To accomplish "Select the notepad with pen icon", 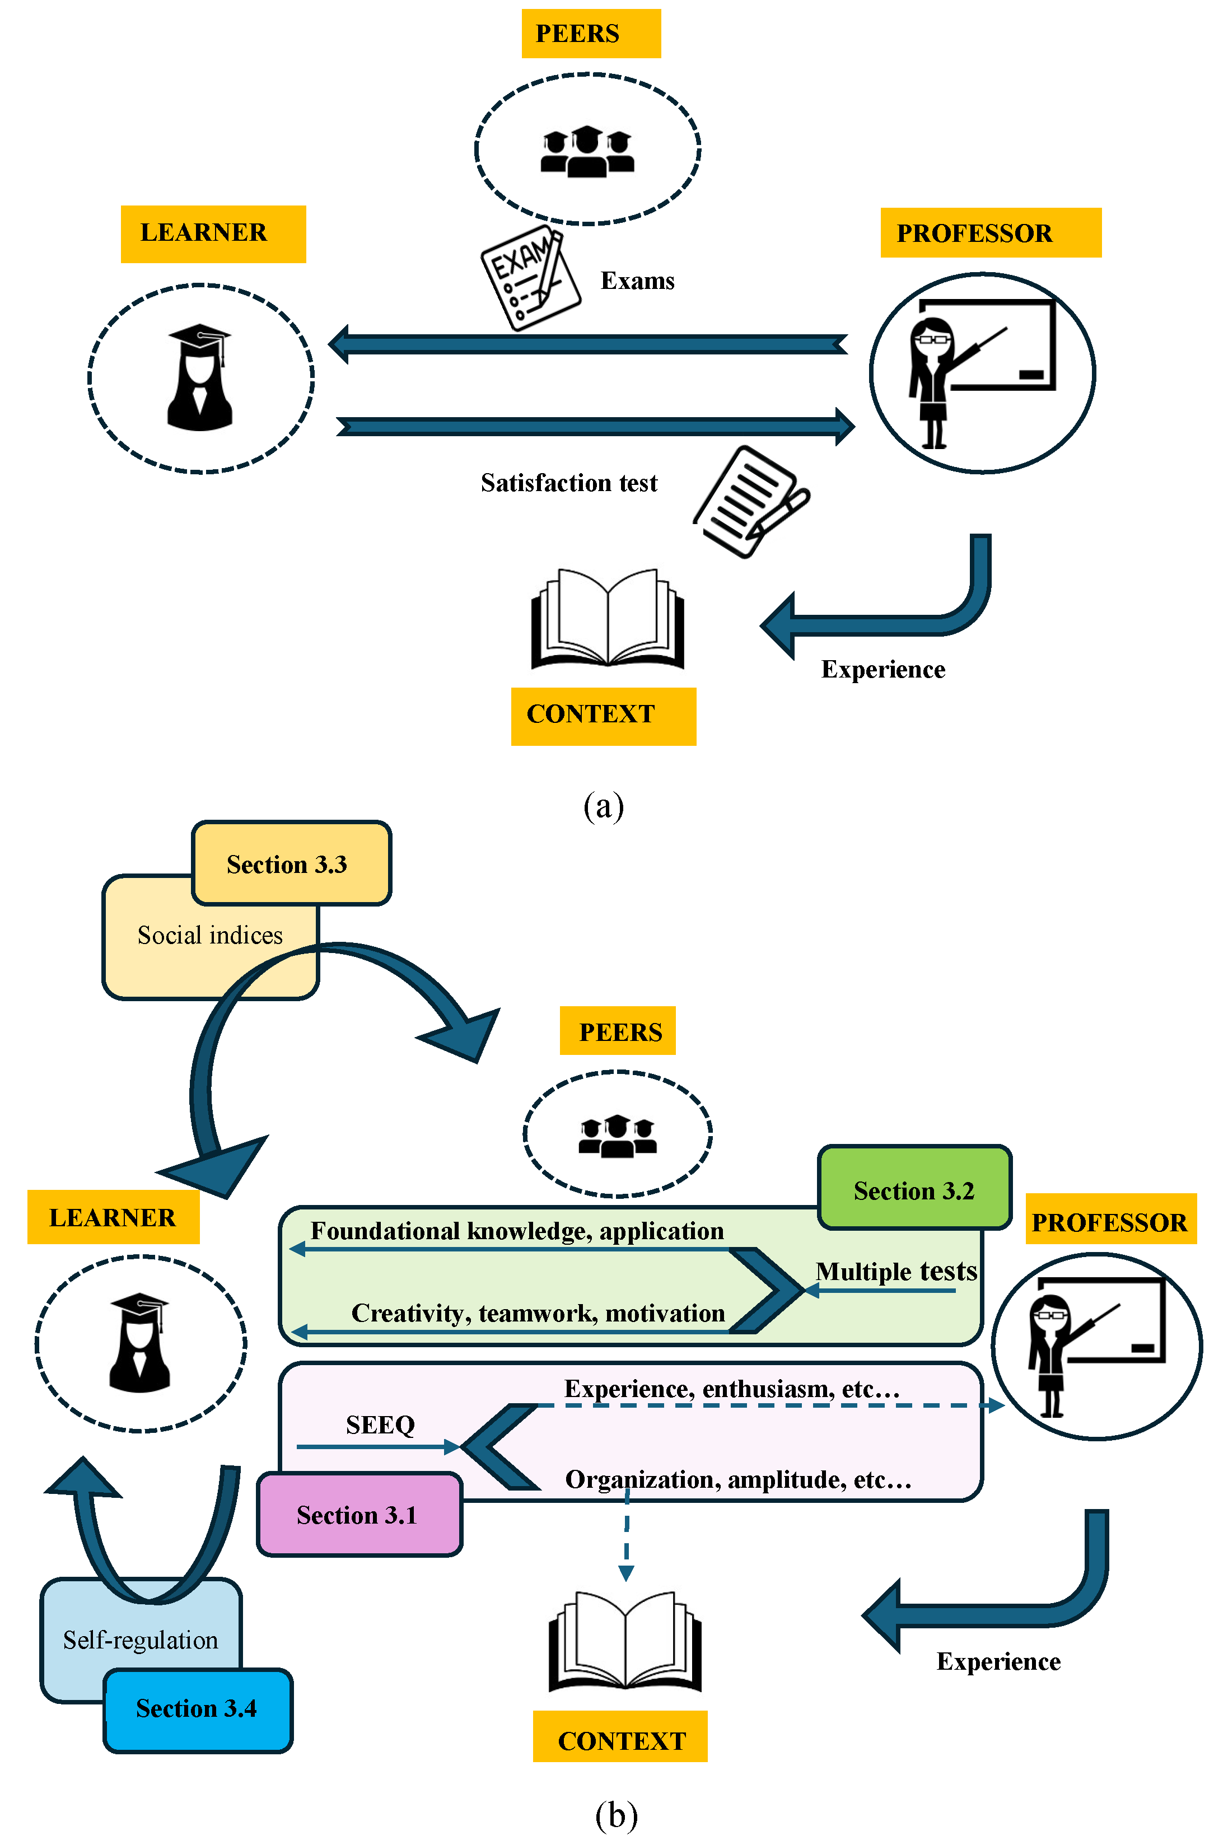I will pos(751,502).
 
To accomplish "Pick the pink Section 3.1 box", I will pos(359,1515).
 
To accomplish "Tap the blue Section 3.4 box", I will pos(197,1708).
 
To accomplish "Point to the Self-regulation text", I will pos(141,1639).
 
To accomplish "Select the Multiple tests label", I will pos(896,1270).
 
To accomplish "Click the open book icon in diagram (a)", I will pos(608,619).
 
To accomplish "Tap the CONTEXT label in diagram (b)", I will pos(621,1740).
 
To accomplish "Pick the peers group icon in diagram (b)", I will pos(617,1136).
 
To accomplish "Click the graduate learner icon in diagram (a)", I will pos(200,379).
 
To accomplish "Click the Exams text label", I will pos(637,281).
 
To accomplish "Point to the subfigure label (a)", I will pos(603,805).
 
